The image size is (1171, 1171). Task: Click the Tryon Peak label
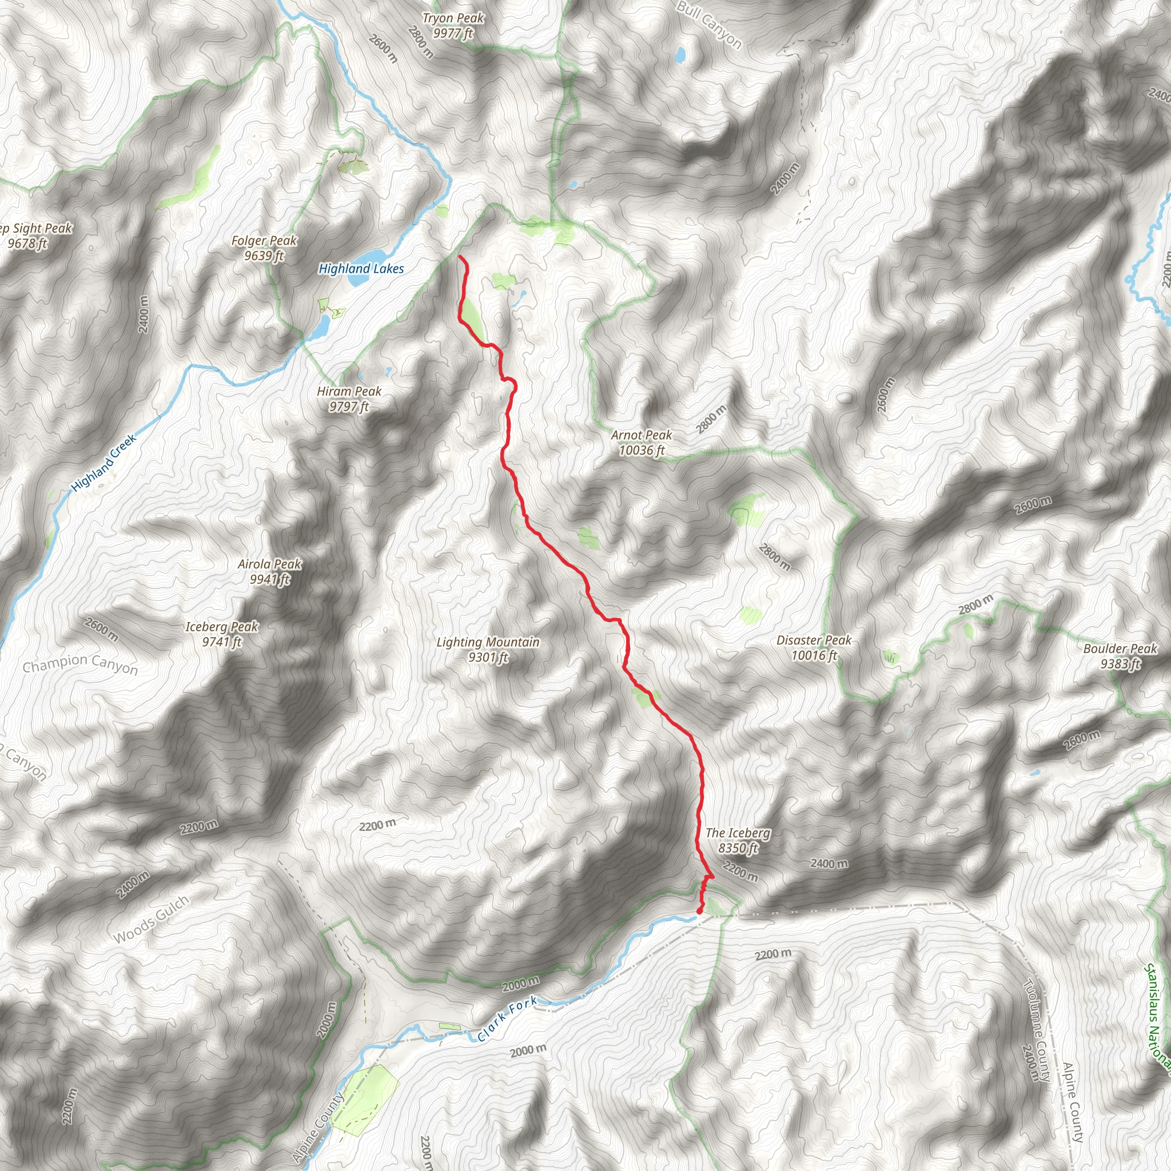click(453, 26)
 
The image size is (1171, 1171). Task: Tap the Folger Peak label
click(264, 248)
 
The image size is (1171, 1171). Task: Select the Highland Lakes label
click(361, 269)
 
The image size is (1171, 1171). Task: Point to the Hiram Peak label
click(349, 399)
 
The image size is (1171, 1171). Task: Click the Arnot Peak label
click(642, 443)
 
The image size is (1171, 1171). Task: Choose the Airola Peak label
click(270, 572)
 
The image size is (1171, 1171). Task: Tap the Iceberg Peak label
click(222, 634)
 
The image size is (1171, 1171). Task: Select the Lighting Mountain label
click(488, 649)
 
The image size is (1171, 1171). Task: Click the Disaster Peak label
click(814, 647)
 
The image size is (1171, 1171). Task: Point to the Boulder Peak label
click(1120, 656)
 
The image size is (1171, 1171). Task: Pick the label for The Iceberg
click(738, 840)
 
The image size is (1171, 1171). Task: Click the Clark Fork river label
click(507, 1019)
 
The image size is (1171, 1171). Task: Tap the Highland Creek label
click(103, 464)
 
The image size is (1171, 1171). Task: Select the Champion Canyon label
click(80, 664)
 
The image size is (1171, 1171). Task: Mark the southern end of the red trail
click(699, 910)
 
